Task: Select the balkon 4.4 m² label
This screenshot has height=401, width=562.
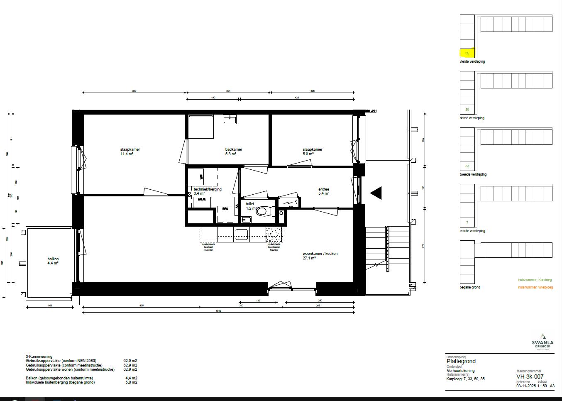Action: pyautogui.click(x=53, y=261)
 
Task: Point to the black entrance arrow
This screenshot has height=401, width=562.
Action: pyautogui.click(x=376, y=193)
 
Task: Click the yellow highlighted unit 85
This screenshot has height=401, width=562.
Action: pyautogui.click(x=467, y=53)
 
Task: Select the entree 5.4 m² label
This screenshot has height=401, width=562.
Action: pyautogui.click(x=323, y=191)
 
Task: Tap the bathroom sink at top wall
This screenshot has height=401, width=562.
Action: pyautogui.click(x=230, y=120)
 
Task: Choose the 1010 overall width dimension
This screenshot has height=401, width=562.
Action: pyautogui.click(x=218, y=311)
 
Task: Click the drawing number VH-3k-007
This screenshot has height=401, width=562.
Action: pyautogui.click(x=530, y=377)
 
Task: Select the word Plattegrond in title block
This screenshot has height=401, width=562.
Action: pyautogui.click(x=461, y=362)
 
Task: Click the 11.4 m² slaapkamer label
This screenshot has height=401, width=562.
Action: pyautogui.click(x=130, y=152)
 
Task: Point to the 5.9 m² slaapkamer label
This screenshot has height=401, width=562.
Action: pyautogui.click(x=312, y=152)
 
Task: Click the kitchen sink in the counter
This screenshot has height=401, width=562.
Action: pyautogui.click(x=242, y=235)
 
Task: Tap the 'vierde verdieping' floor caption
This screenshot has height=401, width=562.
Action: pyautogui.click(x=472, y=61)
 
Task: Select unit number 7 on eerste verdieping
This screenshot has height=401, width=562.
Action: pyautogui.click(x=467, y=223)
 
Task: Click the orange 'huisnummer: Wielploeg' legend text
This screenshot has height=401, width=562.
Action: pyautogui.click(x=535, y=287)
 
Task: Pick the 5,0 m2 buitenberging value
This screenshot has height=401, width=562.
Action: pyautogui.click(x=131, y=382)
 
